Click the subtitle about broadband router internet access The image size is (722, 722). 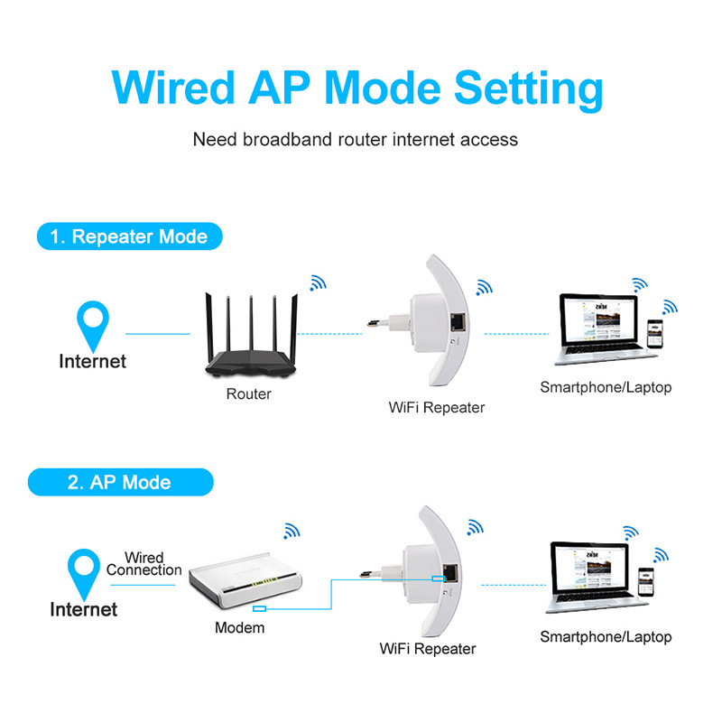pyautogui.click(x=356, y=140)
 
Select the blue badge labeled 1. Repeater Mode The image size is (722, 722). pyautogui.click(x=128, y=237)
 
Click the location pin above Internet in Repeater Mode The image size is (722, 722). pyautogui.click(x=92, y=321)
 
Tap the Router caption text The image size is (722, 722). pyautogui.click(x=248, y=393)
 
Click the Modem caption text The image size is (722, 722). pyautogui.click(x=239, y=627)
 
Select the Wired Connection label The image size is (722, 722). pyautogui.click(x=143, y=564)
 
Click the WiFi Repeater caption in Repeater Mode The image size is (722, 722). pyautogui.click(x=437, y=407)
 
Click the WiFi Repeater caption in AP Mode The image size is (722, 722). pyautogui.click(x=428, y=648)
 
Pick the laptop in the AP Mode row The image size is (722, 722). pyautogui.click(x=588, y=579)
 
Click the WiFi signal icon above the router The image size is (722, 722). pyautogui.click(x=318, y=282)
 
